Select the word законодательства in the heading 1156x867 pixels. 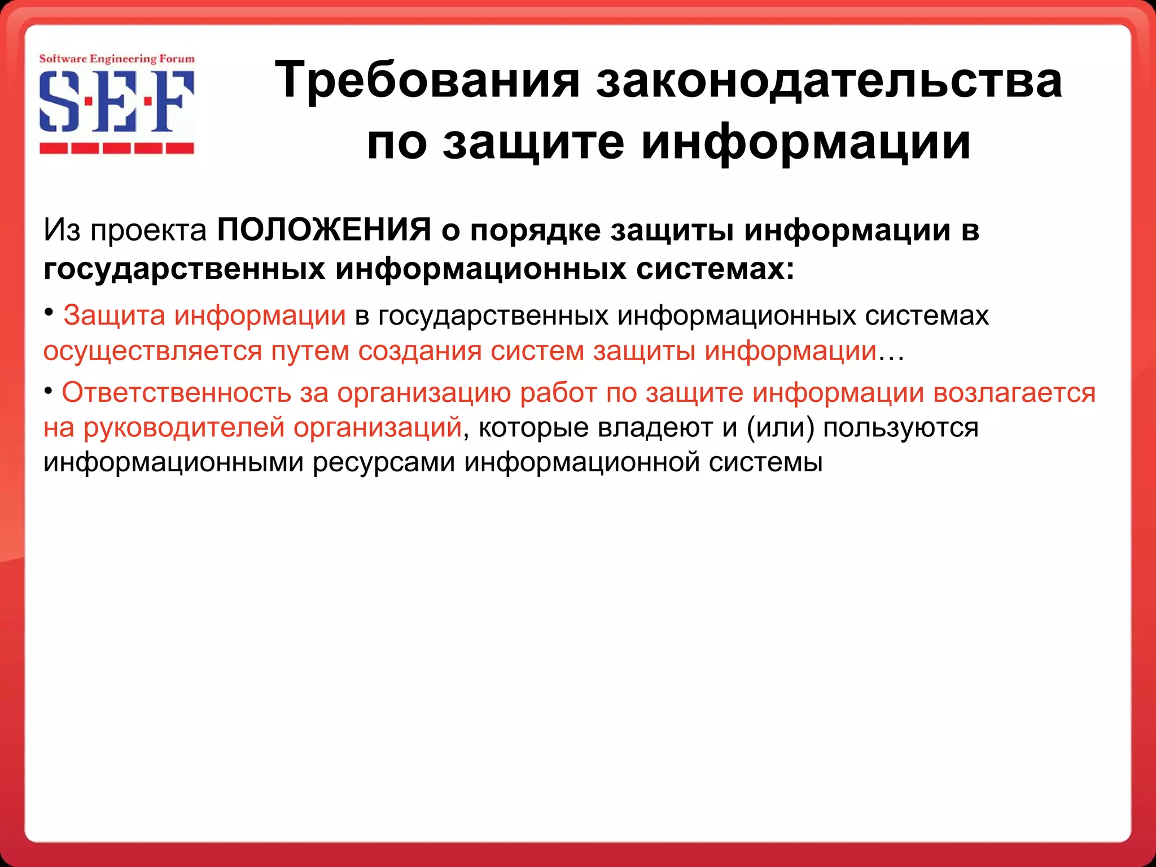click(x=829, y=81)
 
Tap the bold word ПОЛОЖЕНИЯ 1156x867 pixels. click(x=325, y=230)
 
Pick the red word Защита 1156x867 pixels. click(x=114, y=316)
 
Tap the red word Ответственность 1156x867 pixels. click(x=176, y=393)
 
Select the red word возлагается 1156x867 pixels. click(x=1014, y=393)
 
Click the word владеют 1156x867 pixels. click(x=655, y=428)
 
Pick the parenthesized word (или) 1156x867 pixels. click(x=781, y=428)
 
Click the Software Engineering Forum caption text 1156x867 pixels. click(x=117, y=59)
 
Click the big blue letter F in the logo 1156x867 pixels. click(x=173, y=101)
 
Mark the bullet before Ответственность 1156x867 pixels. click(x=49, y=391)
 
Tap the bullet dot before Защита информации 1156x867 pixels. click(x=49, y=312)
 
